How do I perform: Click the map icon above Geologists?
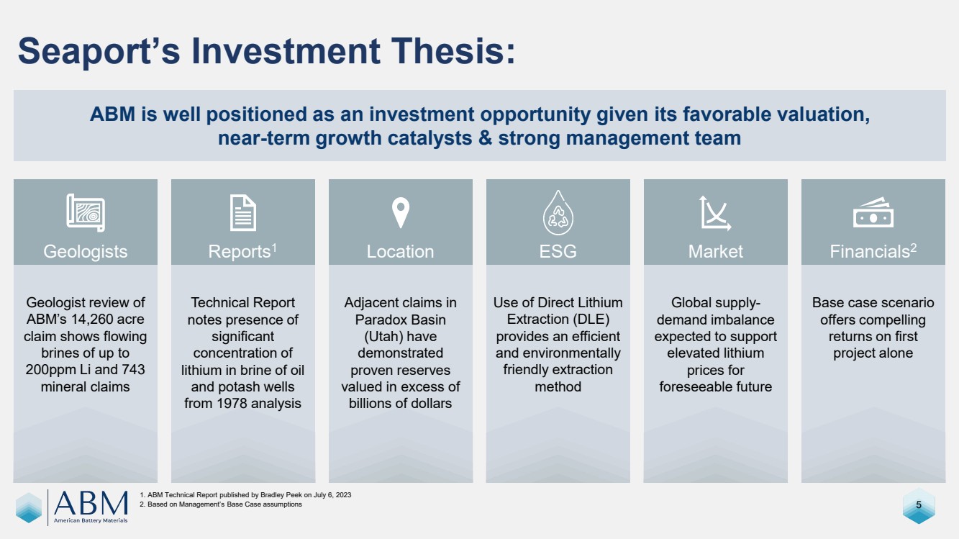point(86,213)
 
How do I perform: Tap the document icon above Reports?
point(242,213)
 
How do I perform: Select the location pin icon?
point(401,212)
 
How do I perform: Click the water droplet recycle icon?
point(558,212)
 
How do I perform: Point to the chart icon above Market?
point(715,213)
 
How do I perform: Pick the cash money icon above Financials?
point(873,212)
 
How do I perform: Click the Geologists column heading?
point(85,252)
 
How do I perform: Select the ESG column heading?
point(558,251)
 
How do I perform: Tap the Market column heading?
point(715,251)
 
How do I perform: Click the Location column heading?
point(400,251)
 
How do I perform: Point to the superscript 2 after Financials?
point(913,248)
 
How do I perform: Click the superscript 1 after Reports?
point(274,248)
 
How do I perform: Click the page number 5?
point(918,504)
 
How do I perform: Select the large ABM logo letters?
point(91,503)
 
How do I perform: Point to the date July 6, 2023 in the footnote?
point(332,495)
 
